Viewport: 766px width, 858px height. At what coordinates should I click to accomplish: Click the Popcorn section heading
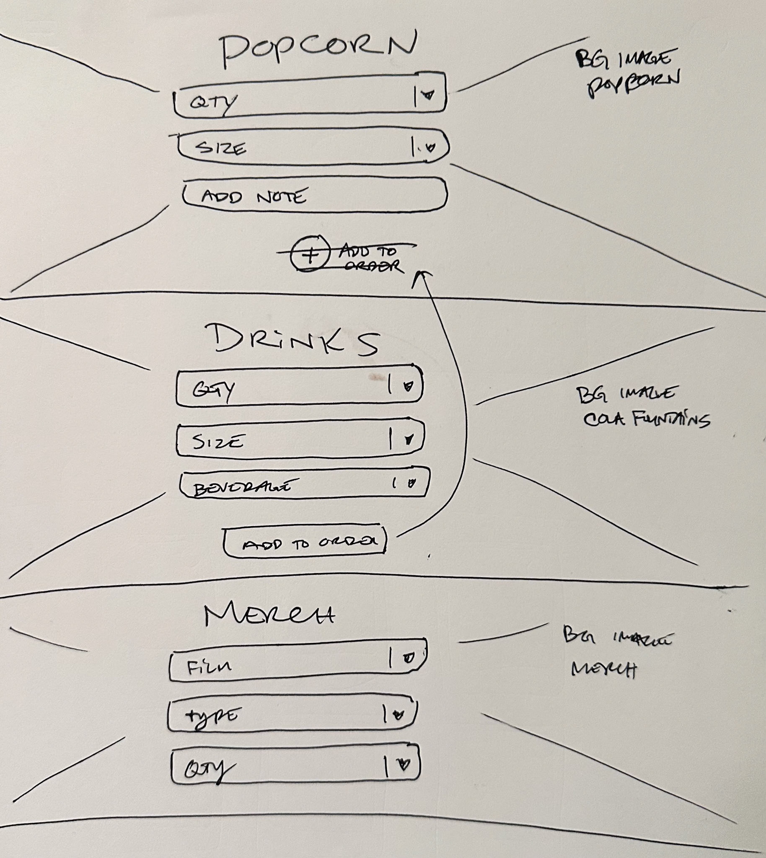tap(318, 49)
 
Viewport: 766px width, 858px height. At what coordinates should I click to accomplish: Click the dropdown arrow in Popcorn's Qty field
tap(428, 95)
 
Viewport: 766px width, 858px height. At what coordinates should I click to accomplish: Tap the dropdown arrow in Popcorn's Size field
tap(430, 147)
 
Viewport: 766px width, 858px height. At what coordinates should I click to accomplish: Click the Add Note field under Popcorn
tap(314, 196)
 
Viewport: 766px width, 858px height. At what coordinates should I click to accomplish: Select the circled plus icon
tap(310, 254)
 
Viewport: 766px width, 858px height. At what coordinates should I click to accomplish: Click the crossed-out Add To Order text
tap(369, 258)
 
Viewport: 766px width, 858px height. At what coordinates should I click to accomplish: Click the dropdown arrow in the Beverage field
tap(411, 483)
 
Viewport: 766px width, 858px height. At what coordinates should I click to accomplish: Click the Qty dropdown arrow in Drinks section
tap(408, 386)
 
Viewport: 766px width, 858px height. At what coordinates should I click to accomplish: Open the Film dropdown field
tap(297, 661)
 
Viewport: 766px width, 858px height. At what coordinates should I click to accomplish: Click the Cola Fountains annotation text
tap(646, 419)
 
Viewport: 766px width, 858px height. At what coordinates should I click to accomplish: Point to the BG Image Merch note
tap(614, 653)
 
